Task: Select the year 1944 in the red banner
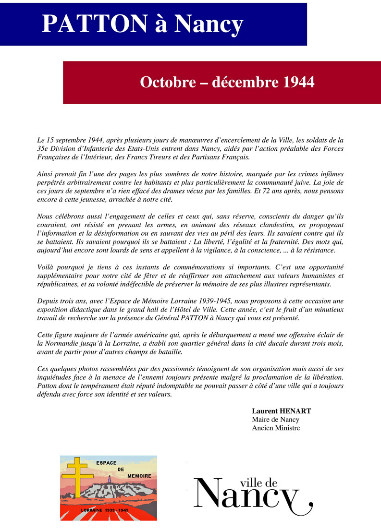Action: pos(296,82)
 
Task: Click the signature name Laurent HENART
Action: pos(282,411)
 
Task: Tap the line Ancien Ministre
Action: pos(276,428)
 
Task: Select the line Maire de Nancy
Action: pos(275,420)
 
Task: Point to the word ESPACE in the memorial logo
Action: pos(107,463)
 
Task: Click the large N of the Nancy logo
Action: pos(209,493)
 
